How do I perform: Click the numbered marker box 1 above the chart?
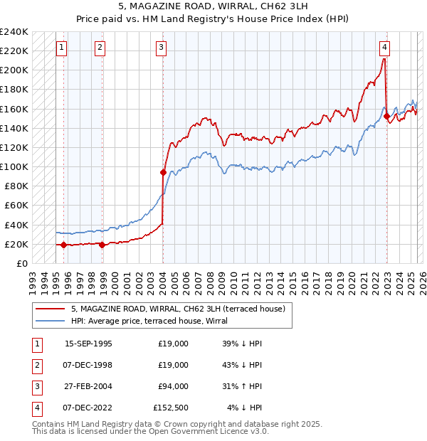[x=61, y=48]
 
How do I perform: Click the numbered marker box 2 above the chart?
[x=100, y=48]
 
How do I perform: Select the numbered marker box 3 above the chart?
[x=162, y=48]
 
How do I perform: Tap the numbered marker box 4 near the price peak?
[x=384, y=48]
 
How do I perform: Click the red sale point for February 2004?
[x=163, y=172]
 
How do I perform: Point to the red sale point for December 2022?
[x=386, y=116]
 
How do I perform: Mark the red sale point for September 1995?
[x=64, y=245]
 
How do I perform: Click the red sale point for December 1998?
[x=102, y=245]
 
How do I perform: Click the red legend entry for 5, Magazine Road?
[x=178, y=309]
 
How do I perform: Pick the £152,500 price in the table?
[x=171, y=408]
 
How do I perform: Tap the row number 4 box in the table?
[x=36, y=408]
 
